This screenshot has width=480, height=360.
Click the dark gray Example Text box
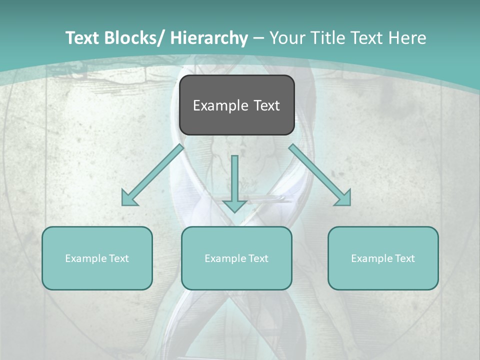[236, 105]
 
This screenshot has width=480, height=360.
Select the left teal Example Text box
[97, 258]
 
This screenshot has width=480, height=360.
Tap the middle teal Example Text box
[236, 258]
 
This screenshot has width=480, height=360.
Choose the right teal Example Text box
[383, 258]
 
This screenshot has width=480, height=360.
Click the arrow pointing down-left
[152, 175]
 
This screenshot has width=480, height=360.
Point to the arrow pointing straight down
[234, 182]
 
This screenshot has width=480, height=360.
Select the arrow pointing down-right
[320, 175]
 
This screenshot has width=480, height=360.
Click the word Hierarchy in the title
[208, 38]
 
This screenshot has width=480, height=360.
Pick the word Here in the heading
[407, 38]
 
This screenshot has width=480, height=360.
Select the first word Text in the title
[83, 38]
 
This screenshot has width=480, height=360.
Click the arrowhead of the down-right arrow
[344, 198]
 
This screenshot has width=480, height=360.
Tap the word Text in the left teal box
[118, 258]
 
